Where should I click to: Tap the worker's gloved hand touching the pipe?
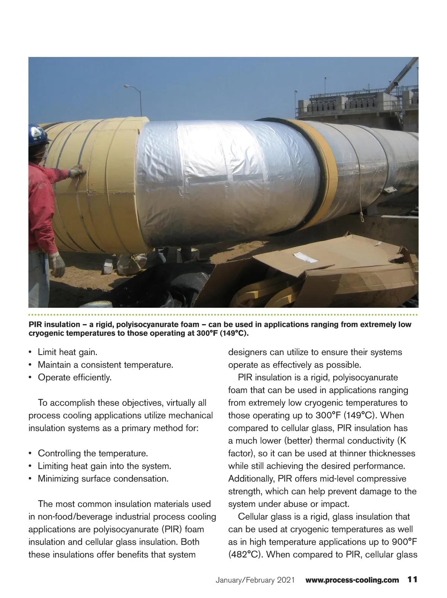point(77,172)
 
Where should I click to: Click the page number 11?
point(412,580)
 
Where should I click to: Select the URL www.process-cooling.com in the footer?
point(352,580)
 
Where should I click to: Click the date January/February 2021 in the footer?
point(255,580)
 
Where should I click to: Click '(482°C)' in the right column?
point(246,554)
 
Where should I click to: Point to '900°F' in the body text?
point(403,542)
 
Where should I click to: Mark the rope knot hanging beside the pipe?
point(362,216)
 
